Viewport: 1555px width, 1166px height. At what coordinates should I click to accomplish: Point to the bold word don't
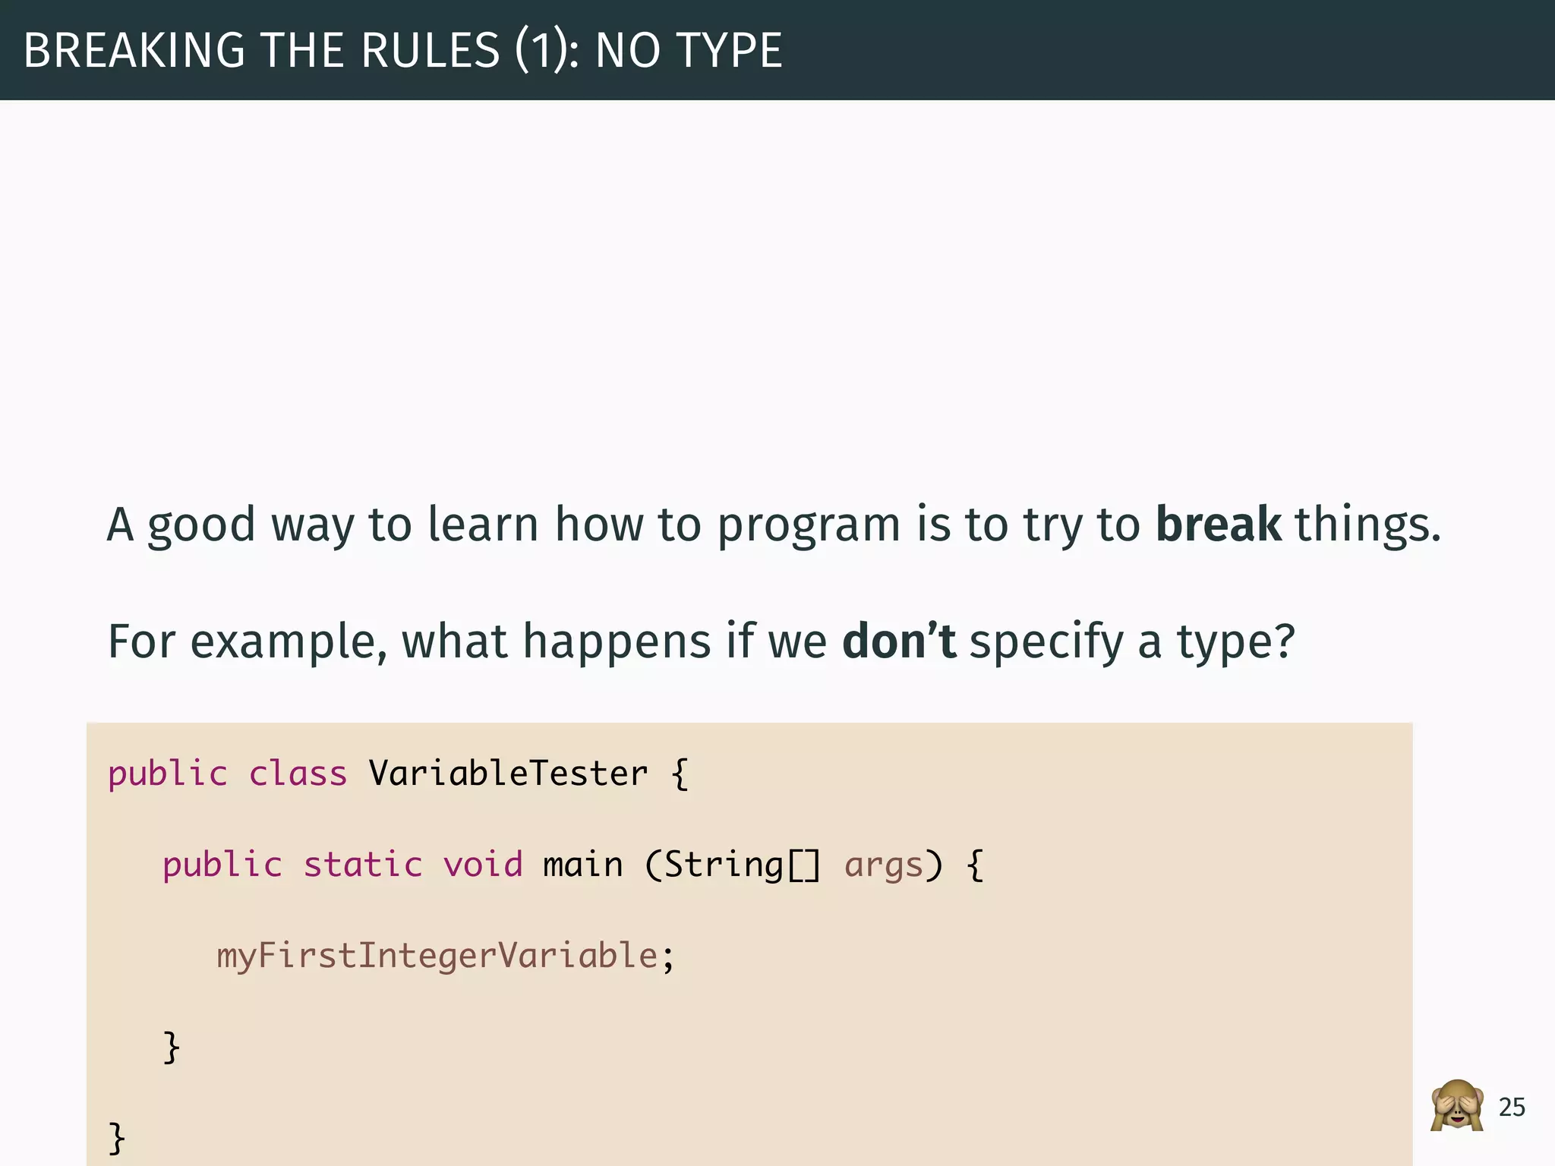click(899, 641)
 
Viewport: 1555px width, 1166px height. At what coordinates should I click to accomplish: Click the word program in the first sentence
click(808, 525)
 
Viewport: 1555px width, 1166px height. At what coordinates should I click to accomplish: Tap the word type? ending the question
click(1235, 642)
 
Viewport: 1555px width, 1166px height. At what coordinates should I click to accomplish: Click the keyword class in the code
click(298, 774)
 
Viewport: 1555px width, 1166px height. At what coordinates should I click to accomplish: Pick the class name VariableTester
click(508, 774)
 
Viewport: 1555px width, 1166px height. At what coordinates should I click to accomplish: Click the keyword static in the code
click(362, 865)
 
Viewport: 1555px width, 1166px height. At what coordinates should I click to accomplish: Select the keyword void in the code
click(483, 865)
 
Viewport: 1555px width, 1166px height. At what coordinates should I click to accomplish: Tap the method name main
click(582, 865)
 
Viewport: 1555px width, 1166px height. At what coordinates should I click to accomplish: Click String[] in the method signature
click(741, 865)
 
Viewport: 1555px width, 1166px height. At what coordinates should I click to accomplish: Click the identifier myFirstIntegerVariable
click(437, 956)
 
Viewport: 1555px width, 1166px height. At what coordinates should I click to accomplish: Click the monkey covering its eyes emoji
click(1456, 1106)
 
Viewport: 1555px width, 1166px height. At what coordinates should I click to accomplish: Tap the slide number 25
click(1512, 1108)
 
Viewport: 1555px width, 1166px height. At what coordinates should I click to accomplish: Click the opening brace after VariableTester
click(680, 774)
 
